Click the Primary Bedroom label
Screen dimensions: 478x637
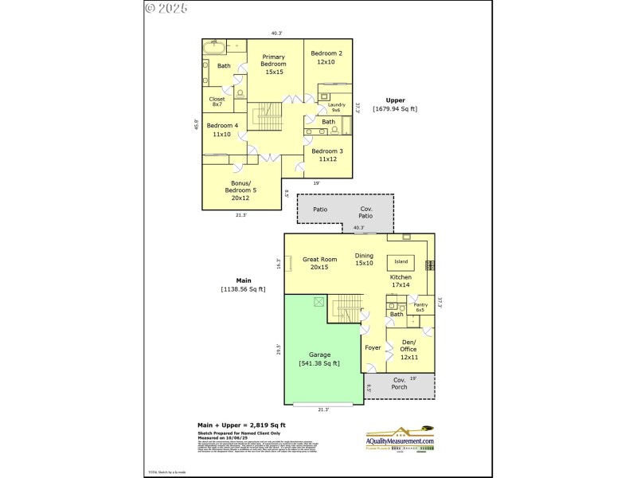pyautogui.click(x=273, y=64)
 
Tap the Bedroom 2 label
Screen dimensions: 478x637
pyautogui.click(x=326, y=57)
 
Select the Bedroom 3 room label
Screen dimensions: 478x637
pyautogui.click(x=326, y=155)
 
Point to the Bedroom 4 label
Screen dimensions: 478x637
pyautogui.click(x=222, y=130)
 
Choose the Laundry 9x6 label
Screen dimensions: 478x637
pyautogui.click(x=336, y=107)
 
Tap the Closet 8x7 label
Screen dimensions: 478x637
pyautogui.click(x=217, y=102)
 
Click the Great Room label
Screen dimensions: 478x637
pyautogui.click(x=319, y=263)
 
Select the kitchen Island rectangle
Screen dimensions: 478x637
pyautogui.click(x=401, y=261)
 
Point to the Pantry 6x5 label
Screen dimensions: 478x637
pyautogui.click(x=420, y=307)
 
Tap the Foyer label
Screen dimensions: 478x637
pyautogui.click(x=373, y=348)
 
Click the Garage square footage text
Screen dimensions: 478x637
pyautogui.click(x=319, y=363)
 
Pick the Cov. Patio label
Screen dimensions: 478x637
pyautogui.click(x=365, y=213)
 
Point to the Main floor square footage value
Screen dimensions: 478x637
pyautogui.click(x=243, y=289)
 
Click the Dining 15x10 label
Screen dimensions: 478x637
pyautogui.click(x=364, y=259)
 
